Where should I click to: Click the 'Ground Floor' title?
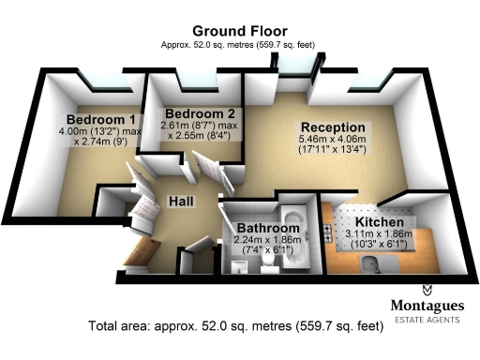point(239,30)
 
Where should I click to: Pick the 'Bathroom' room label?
point(267,228)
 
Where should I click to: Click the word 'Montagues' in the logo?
point(426,306)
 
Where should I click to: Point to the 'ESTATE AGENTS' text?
point(426,320)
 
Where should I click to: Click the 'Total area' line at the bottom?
point(236,328)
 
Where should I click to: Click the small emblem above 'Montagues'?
point(427,290)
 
